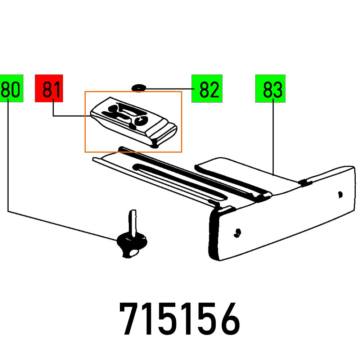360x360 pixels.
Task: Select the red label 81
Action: click(x=49, y=88)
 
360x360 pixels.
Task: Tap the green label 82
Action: click(x=207, y=88)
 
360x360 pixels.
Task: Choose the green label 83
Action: click(x=270, y=88)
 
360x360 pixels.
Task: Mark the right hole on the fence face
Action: click(x=340, y=195)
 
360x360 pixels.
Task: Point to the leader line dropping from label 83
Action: click(x=273, y=137)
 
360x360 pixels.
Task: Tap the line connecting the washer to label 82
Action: click(x=167, y=88)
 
